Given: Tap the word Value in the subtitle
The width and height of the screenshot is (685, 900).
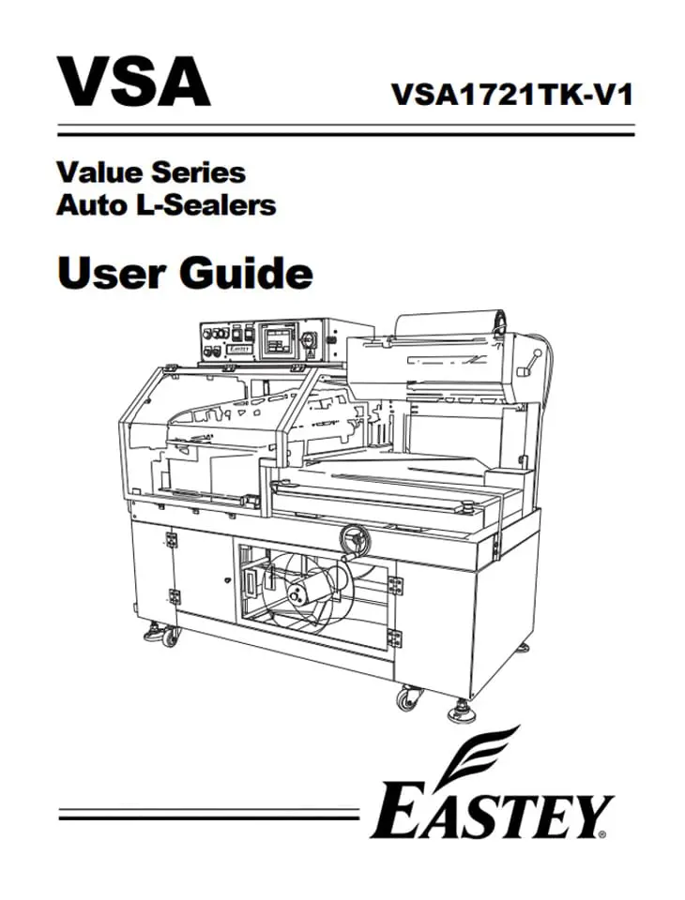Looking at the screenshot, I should pos(97,172).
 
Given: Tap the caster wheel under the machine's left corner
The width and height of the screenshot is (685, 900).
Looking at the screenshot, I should pos(171,638).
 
